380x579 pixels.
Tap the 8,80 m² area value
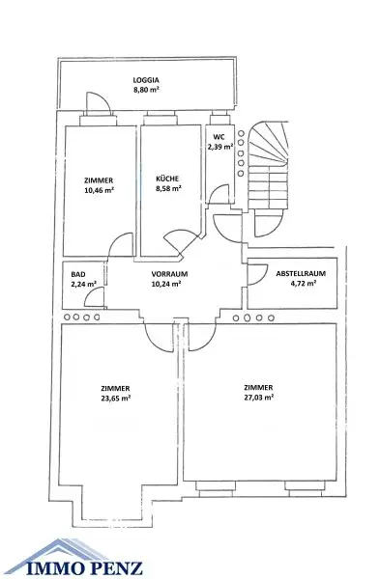[x=146, y=90]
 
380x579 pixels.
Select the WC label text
[x=219, y=137]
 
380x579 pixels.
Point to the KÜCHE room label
[x=167, y=179]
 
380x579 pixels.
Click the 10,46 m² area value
[x=99, y=191]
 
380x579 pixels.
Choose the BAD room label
[x=78, y=274]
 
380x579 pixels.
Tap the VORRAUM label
[x=169, y=274]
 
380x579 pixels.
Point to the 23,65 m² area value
[x=115, y=397]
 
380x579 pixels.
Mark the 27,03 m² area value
[x=258, y=396]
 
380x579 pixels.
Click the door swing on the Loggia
[x=92, y=108]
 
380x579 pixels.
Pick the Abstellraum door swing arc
[x=257, y=275]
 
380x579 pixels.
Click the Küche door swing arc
[x=177, y=243]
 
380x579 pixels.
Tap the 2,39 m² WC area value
[x=220, y=148]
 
